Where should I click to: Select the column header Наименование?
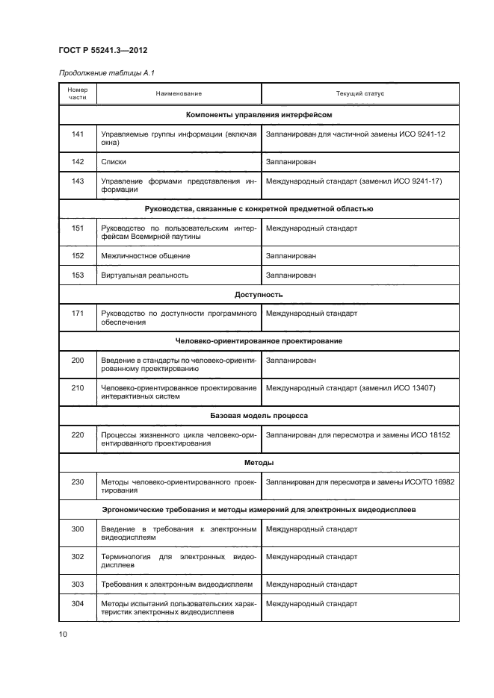point(179,94)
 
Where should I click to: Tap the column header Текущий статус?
point(360,94)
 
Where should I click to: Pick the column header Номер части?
point(78,94)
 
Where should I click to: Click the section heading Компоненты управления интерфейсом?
point(259,115)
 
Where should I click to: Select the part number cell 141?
point(78,134)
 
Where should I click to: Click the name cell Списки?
point(114,161)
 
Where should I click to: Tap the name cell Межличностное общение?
point(145,256)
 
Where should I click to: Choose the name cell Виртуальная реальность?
point(144,275)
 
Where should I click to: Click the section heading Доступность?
point(259,295)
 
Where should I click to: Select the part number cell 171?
point(78,314)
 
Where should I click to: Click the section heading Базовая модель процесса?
point(259,414)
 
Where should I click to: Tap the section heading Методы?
point(259,463)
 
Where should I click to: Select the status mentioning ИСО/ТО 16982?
point(359,482)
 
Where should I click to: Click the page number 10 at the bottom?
point(64,635)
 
